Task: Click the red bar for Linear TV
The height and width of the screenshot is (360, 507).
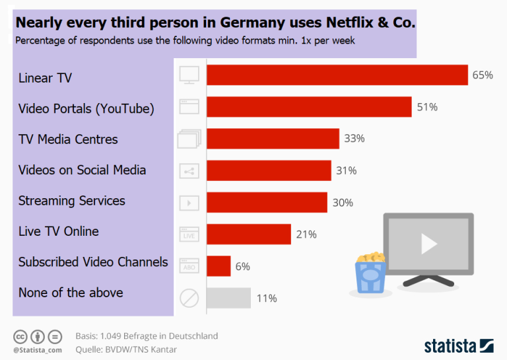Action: click(337, 75)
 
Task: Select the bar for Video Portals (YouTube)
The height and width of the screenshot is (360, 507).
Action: click(309, 107)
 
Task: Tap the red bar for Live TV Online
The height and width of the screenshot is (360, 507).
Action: click(248, 234)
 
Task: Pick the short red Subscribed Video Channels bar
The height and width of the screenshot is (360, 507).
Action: click(219, 266)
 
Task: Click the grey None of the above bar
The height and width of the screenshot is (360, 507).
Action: click(228, 298)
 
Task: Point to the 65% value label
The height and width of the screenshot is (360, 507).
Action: click(483, 75)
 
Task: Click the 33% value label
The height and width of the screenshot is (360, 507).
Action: click(354, 139)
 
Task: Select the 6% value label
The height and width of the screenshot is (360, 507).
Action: click(242, 266)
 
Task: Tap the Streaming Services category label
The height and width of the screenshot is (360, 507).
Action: click(71, 201)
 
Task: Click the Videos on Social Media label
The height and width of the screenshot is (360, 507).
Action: click(82, 170)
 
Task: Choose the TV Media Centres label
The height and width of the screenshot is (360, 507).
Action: click(68, 139)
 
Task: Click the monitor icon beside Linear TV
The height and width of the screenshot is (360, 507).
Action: click(189, 75)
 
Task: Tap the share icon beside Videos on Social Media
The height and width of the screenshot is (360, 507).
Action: click(189, 171)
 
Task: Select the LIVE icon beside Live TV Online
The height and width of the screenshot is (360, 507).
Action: click(189, 234)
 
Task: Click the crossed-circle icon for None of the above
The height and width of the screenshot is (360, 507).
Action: click(189, 299)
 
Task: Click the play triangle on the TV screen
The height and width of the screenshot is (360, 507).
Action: click(428, 244)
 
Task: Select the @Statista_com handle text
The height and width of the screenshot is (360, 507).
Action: click(38, 349)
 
